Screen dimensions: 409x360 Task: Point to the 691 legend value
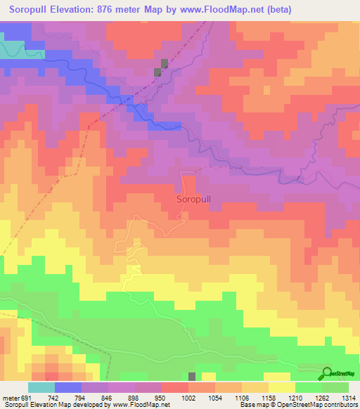point(25,397)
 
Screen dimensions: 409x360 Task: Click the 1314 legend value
point(348,397)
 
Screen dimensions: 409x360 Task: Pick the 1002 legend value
point(188,397)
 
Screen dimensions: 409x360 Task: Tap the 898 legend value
point(134,397)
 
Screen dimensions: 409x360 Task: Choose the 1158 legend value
point(268,397)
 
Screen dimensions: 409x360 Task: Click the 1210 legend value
point(295,397)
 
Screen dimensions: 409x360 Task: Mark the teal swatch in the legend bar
point(41,387)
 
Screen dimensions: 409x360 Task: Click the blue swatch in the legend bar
point(67,387)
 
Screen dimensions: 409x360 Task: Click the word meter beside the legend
point(9,397)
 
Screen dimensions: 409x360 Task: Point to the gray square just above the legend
point(192,377)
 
